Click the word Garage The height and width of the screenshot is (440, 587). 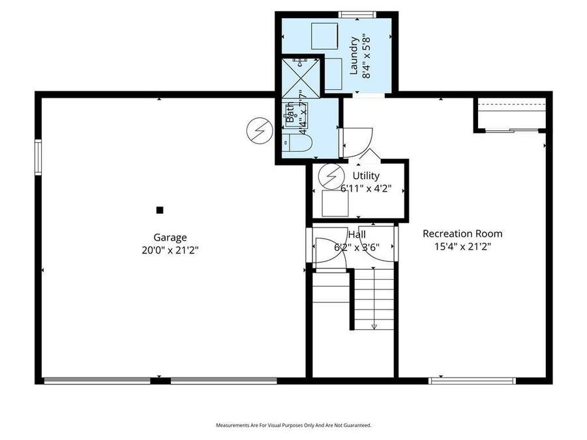170,238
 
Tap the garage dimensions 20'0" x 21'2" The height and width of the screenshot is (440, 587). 170,250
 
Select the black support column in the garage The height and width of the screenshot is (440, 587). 159,210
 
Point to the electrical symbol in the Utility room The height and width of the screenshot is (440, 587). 333,175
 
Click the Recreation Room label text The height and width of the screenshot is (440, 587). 462,233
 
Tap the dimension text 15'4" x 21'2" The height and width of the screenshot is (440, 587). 462,246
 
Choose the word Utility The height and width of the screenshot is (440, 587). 366,176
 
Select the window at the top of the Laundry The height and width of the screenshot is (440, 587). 358,14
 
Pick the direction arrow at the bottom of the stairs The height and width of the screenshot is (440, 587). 374,326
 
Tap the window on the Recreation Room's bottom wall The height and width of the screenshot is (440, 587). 472,381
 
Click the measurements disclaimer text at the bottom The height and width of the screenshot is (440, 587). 293,425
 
